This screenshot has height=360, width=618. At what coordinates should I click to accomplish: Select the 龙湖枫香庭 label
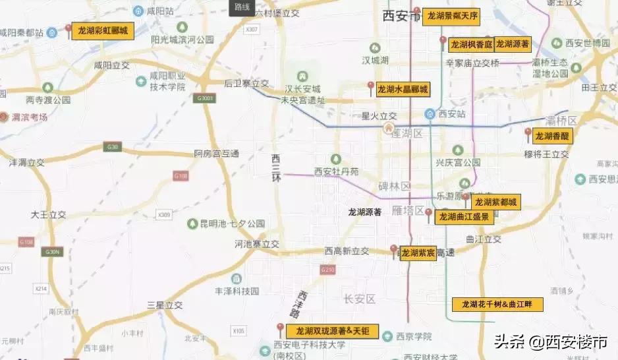pyautogui.click(x=471, y=45)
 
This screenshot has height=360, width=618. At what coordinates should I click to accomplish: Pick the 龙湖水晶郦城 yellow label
pyautogui.click(x=402, y=90)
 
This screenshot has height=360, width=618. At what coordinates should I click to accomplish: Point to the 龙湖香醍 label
pyautogui.click(x=552, y=136)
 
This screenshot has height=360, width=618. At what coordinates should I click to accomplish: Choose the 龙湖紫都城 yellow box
pyautogui.click(x=495, y=202)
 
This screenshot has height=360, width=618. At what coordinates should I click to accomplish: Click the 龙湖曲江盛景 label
pyautogui.click(x=464, y=216)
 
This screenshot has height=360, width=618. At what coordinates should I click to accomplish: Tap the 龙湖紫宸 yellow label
pyautogui.click(x=418, y=253)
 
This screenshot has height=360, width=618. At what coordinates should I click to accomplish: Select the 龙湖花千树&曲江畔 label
pyautogui.click(x=497, y=305)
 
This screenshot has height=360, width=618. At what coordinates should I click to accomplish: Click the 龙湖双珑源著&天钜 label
pyautogui.click(x=332, y=331)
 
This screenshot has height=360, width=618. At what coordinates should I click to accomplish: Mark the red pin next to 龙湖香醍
pyautogui.click(x=527, y=133)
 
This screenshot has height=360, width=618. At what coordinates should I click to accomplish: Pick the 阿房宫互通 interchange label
pyautogui.click(x=217, y=154)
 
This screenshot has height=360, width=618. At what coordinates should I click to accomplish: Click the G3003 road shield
pyautogui.click(x=205, y=98)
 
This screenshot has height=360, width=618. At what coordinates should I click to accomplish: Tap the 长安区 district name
pyautogui.click(x=359, y=299)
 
